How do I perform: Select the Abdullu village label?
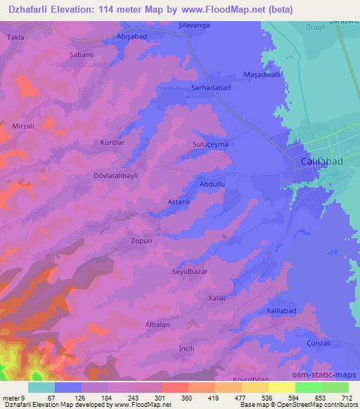pyautogui.click(x=212, y=183)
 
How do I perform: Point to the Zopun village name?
pyautogui.click(x=141, y=240)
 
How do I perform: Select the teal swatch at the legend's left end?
pyautogui.click(x=41, y=387)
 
